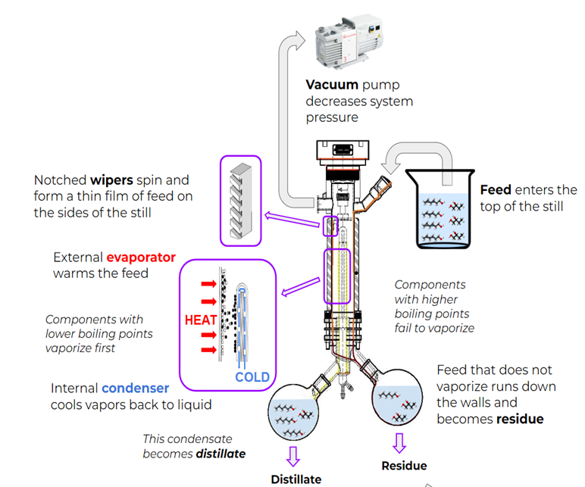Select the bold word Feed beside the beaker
(x=496, y=189)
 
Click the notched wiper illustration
(x=240, y=200)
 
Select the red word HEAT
(x=201, y=320)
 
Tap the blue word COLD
(x=252, y=377)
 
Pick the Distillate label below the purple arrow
(x=296, y=479)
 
